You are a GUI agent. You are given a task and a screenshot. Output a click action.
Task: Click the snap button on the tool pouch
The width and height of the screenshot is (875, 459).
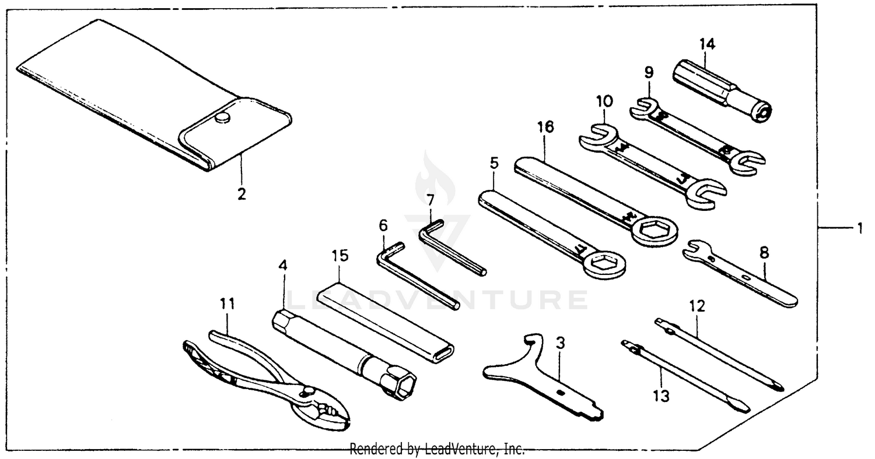click(x=221, y=118)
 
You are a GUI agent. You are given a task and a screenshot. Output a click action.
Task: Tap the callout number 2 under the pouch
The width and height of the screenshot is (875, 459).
click(x=241, y=194)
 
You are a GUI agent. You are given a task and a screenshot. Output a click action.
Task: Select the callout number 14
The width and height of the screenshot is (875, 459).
click(x=708, y=44)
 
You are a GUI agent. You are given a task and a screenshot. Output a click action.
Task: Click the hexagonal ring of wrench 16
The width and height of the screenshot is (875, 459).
click(x=653, y=231)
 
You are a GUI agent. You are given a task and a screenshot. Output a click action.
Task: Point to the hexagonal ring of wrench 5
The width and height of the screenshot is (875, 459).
click(x=604, y=265)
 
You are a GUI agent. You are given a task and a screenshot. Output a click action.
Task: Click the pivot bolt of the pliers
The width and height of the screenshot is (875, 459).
click(x=306, y=394)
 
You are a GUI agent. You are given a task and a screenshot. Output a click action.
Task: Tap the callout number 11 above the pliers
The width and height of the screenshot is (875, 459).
click(x=227, y=303)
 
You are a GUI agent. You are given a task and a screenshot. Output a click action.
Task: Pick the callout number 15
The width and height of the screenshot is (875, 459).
click(x=339, y=255)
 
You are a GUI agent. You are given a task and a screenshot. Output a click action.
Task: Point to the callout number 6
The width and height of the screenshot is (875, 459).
click(x=383, y=225)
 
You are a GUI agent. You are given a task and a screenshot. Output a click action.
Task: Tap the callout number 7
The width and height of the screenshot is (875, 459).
click(x=430, y=200)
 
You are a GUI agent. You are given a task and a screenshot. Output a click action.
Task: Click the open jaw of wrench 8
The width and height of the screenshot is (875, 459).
click(x=692, y=250)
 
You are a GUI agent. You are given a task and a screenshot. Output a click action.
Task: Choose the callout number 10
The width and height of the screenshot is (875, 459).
click(x=604, y=101)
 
